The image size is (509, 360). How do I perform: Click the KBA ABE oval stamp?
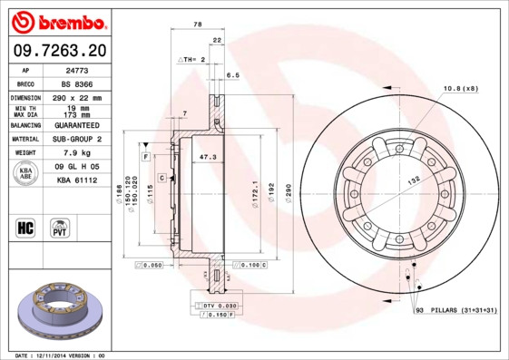coord(26,174)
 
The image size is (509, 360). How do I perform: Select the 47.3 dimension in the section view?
coord(208,157)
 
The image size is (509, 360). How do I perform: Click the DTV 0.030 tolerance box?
coord(219,306)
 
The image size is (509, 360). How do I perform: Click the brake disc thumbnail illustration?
coord(56,309)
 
